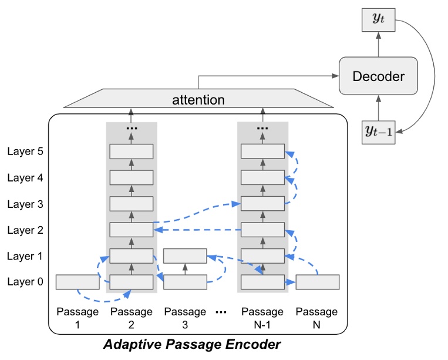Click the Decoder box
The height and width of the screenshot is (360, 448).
pyautogui.click(x=378, y=76)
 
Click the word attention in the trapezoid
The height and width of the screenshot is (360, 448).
pyautogui.click(x=198, y=99)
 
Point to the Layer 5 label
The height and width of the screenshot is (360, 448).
pyautogui.click(x=25, y=151)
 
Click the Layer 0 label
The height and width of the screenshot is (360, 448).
pyautogui.click(x=25, y=282)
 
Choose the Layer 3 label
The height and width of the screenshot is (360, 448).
pyautogui.click(x=25, y=204)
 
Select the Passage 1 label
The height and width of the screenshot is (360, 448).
pyautogui.click(x=77, y=318)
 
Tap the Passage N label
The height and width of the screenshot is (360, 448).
pyautogui.click(x=317, y=318)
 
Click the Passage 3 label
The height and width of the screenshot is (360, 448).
pyautogui.click(x=185, y=318)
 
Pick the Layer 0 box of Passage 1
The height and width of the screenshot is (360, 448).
pyautogui.click(x=78, y=282)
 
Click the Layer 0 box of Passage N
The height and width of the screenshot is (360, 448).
pyautogui.click(x=317, y=282)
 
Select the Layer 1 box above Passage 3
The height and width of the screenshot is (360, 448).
pyautogui.click(x=185, y=256)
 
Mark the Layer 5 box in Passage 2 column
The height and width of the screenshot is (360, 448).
pyautogui.click(x=132, y=151)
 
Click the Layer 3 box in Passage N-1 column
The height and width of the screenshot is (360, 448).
pyautogui.click(x=262, y=204)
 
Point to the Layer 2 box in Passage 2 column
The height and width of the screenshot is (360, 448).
pyautogui.click(x=132, y=230)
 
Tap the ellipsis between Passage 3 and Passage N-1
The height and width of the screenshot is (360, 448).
pyautogui.click(x=221, y=312)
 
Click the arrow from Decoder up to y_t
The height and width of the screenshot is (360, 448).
pyautogui.click(x=378, y=45)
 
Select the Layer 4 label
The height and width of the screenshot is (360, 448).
pyautogui.click(x=25, y=177)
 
